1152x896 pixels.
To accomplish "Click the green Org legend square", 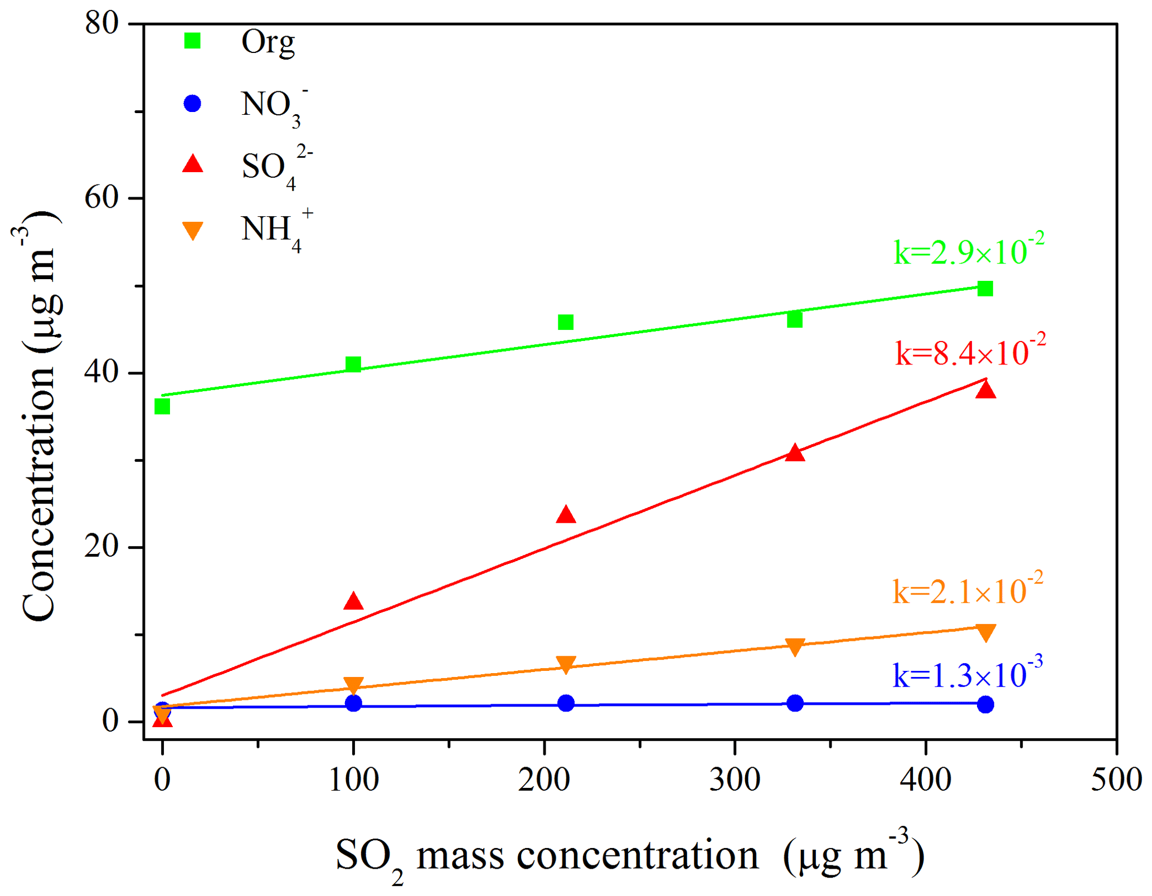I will tap(192, 41).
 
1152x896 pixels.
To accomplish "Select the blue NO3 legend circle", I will tap(192, 104).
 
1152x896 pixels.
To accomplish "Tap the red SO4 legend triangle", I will tap(193, 164).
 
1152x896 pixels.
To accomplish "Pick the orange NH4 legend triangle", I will tap(193, 230).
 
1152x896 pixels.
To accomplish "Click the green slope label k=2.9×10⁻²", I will tap(969, 250).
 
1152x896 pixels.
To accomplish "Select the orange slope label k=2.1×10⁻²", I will tap(968, 590).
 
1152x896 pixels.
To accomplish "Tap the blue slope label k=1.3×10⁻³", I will tap(968, 674).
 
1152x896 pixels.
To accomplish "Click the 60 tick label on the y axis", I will tap(102, 198).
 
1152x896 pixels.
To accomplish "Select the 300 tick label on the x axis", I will tap(735, 780).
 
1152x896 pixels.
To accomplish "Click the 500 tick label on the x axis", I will tap(1116, 780).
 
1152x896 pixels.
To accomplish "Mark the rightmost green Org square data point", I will tap(985, 289).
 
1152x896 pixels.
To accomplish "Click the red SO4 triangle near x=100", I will tap(353, 602).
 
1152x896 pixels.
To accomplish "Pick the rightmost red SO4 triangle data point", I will tap(986, 390).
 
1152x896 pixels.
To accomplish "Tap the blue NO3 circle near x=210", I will tap(566, 703).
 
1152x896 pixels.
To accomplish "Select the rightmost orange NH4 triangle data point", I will tap(986, 633).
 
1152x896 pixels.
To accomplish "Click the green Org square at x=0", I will tap(162, 407).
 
